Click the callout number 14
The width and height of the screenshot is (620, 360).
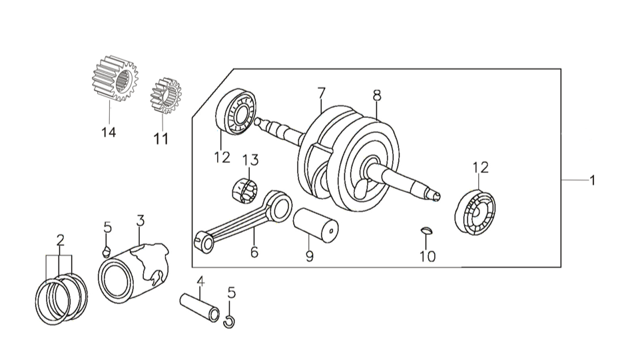(109, 132)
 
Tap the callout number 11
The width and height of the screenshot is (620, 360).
(161, 139)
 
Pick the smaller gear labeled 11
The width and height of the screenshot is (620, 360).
(166, 96)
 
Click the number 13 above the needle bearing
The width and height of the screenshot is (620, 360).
(250, 160)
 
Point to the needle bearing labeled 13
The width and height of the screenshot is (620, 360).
(245, 191)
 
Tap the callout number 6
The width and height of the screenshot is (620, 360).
(254, 252)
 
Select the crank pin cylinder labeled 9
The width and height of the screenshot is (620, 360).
(316, 224)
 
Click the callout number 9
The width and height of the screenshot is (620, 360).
(310, 256)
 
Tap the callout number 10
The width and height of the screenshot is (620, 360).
(428, 257)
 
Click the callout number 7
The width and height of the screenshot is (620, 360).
(322, 93)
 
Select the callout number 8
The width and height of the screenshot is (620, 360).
(377, 95)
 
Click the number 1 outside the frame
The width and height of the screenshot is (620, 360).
(592, 180)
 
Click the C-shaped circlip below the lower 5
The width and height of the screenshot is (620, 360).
(229, 321)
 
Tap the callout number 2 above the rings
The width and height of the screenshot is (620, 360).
(60, 240)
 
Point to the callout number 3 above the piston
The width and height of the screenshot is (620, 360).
(141, 220)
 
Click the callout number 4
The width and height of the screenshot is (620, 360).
(201, 281)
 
